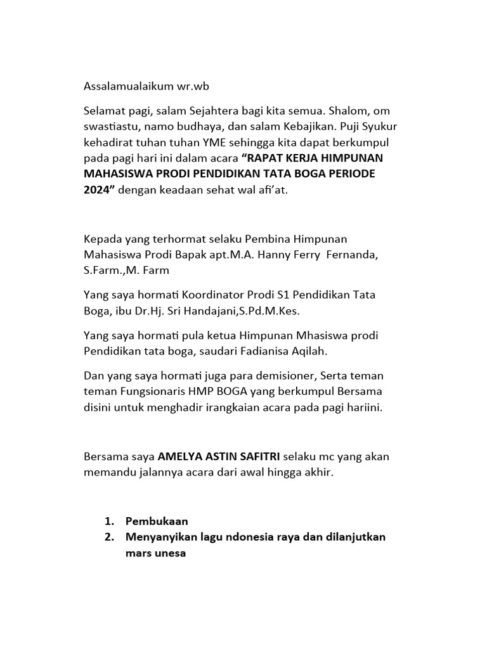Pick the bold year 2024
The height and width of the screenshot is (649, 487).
pyautogui.click(x=96, y=189)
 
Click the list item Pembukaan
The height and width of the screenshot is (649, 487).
pyautogui.click(x=157, y=521)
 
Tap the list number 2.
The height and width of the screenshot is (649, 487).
pyautogui.click(x=108, y=537)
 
